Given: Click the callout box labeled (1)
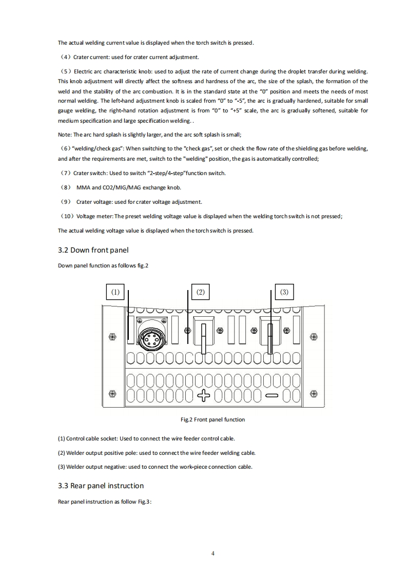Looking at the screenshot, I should (x=115, y=292).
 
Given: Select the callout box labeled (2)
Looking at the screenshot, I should (x=200, y=292).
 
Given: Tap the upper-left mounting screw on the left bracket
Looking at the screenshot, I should (x=113, y=337).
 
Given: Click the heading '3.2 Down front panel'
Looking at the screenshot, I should (x=93, y=251).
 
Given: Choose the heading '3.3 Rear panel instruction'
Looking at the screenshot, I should (x=101, y=486).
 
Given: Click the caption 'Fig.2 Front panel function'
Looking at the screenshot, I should (x=212, y=419).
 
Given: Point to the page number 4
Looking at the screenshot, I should (x=212, y=553).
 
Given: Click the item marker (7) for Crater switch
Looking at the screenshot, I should (x=66, y=173).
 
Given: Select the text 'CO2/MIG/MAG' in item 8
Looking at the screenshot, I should (x=117, y=187).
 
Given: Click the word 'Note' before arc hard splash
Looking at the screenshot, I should (x=64, y=135).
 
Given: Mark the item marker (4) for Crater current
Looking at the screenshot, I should (x=66, y=57).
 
